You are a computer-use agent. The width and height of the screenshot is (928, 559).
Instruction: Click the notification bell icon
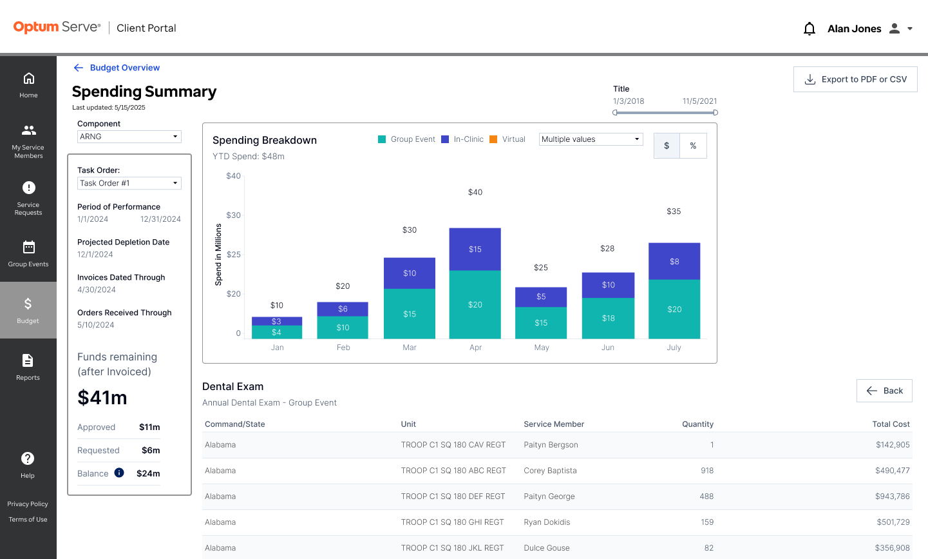[809, 28]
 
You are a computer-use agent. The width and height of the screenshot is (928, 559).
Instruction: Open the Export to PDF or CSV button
[855, 79]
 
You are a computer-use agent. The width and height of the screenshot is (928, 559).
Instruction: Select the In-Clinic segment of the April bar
[475, 250]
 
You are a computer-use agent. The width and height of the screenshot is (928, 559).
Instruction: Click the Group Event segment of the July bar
[674, 309]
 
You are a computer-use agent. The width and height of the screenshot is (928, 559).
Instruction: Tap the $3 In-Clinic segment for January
[276, 321]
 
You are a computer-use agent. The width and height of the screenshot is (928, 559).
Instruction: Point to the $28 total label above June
[607, 248]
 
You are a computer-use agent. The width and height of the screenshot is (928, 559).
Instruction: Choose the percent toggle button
[693, 146]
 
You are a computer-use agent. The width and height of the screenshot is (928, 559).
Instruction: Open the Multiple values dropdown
[591, 139]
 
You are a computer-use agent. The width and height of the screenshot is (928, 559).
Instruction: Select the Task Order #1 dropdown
[129, 183]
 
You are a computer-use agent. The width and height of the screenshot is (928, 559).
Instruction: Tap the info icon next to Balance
[119, 473]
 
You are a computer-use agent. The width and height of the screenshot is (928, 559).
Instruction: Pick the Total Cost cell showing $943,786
[893, 496]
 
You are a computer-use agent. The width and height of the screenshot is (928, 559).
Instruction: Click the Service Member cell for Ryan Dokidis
[547, 522]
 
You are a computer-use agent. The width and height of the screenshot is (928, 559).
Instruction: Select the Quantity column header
[697, 424]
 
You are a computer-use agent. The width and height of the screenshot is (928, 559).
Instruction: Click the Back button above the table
[884, 391]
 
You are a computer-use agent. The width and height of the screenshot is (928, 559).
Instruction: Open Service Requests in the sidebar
[28, 198]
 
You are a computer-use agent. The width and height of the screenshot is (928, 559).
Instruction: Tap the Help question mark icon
[28, 458]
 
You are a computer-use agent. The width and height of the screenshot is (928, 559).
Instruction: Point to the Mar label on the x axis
[410, 348]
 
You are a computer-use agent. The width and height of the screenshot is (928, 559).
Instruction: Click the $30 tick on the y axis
[233, 215]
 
